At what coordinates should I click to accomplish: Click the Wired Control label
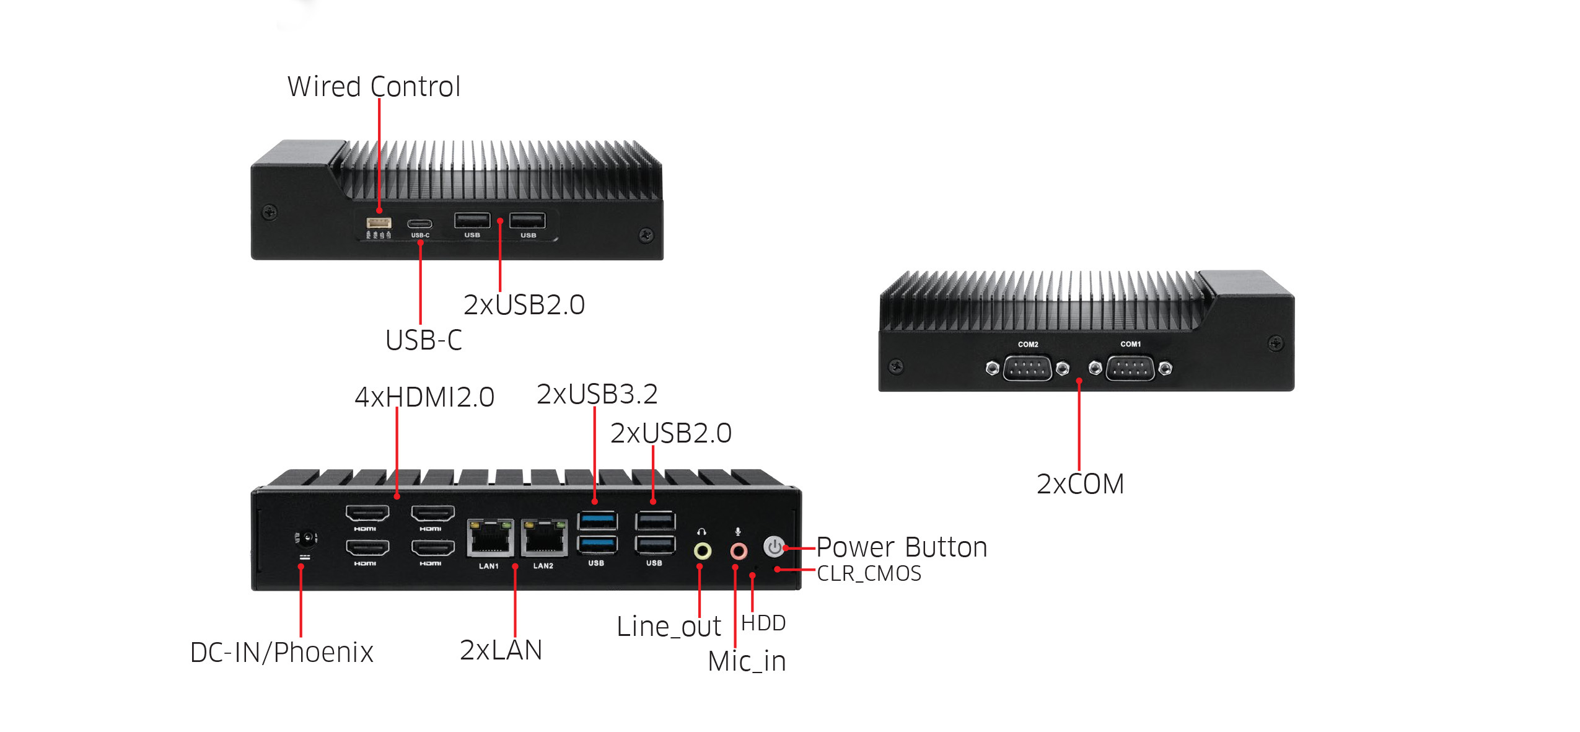click(x=374, y=86)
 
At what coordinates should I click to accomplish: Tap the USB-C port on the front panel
click(x=419, y=224)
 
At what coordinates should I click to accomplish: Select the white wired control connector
click(x=379, y=223)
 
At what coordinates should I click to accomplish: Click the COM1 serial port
click(x=1130, y=368)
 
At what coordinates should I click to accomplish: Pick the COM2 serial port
click(x=1027, y=368)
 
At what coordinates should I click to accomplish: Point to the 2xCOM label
click(x=1080, y=484)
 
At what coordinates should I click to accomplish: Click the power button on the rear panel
click(x=774, y=547)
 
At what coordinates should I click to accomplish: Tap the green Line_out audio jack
click(x=702, y=550)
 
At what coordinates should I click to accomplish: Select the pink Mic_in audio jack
click(x=738, y=550)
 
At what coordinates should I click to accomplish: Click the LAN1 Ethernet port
click(x=489, y=538)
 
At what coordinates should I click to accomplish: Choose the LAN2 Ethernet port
click(x=544, y=538)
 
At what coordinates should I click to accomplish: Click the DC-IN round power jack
click(x=306, y=538)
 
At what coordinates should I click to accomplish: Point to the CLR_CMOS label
click(x=869, y=573)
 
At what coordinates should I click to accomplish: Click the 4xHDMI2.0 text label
click(x=424, y=397)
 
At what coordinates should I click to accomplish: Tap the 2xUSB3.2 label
click(x=597, y=394)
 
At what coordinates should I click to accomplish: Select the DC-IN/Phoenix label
click(x=282, y=652)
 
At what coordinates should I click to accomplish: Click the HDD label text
click(x=763, y=623)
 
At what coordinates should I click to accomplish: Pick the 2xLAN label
click(x=501, y=650)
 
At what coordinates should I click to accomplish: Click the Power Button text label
click(x=902, y=547)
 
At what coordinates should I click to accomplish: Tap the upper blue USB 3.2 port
click(x=597, y=519)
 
